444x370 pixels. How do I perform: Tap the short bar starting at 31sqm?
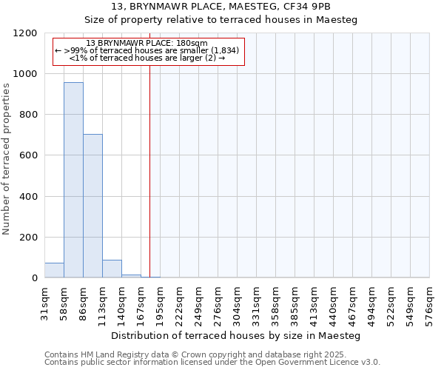point(54,270)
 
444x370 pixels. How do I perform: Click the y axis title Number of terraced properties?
point(7,159)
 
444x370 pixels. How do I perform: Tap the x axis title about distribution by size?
point(237,335)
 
